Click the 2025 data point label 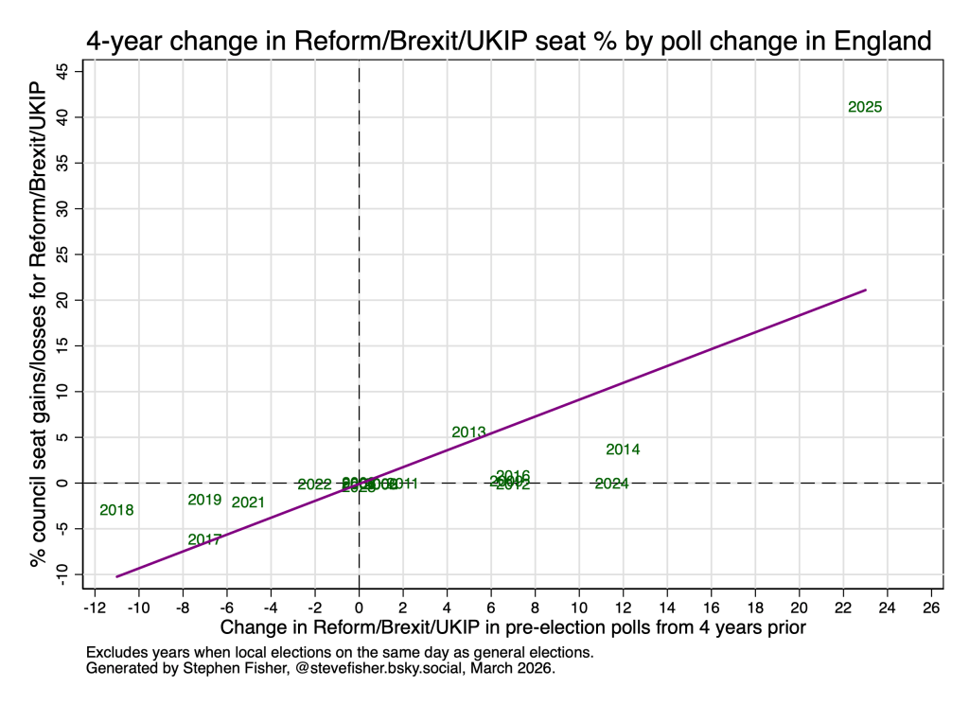[865, 108]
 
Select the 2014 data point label [624, 449]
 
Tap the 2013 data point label [468, 432]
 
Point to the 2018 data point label [116, 510]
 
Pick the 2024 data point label [611, 484]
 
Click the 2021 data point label [248, 502]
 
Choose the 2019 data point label [204, 500]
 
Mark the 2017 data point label [204, 540]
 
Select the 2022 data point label [314, 485]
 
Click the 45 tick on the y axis [63, 72]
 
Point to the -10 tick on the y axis [63, 574]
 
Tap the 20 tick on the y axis [63, 300]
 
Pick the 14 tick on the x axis [667, 607]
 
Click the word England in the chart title [877, 43]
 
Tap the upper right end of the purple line [865, 291]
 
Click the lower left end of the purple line [117, 575]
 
